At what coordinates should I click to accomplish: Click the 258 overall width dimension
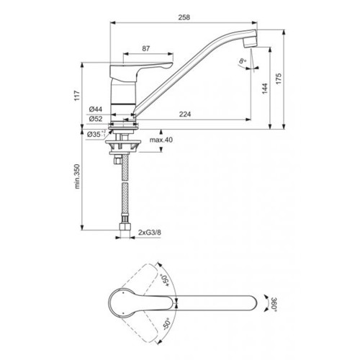(184, 17)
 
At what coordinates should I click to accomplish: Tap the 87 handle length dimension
(146, 48)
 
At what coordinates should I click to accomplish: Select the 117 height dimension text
(77, 96)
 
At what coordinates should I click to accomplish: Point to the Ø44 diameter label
(96, 109)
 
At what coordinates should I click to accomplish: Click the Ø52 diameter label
(96, 119)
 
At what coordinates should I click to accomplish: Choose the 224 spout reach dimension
(185, 114)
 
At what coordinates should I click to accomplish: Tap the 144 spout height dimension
(265, 89)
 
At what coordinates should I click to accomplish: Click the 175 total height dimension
(279, 78)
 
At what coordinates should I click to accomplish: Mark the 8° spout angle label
(243, 61)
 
